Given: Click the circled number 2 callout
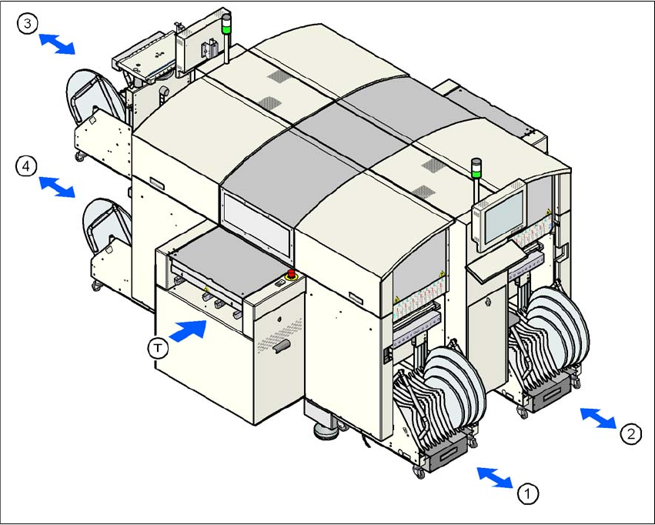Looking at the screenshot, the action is point(630,434).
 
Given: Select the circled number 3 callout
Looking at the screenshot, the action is point(28,25).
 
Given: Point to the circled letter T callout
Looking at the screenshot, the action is point(157,348).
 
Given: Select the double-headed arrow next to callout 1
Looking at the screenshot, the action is point(494,477).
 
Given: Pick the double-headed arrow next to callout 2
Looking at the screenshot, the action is point(598,418).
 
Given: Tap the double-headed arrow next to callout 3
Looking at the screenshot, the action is point(58,44).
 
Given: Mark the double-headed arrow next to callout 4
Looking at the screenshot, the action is point(58,186).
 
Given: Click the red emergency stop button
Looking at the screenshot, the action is point(292,275).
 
